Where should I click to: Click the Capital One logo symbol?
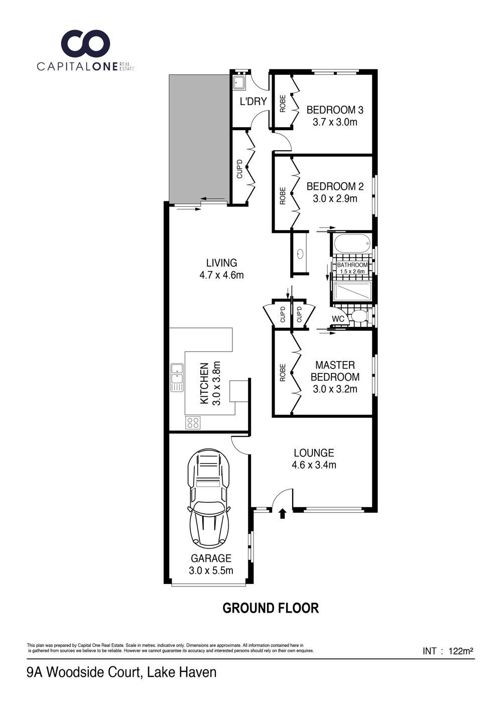pos(85,45)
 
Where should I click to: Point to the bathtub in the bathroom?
pos(352,244)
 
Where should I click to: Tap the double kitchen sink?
pos(177,378)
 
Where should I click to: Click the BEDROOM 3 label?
pos(335,110)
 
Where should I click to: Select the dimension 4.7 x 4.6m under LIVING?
pos(221,275)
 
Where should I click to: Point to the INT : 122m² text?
pos(448,651)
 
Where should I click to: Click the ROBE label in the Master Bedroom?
pos(283,373)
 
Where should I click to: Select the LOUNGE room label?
pos(314,452)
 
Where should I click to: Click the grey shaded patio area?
pos(199,138)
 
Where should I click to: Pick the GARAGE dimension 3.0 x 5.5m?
pos(211,570)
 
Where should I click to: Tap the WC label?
pos(338,319)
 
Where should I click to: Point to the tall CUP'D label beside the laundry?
pos(239,169)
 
